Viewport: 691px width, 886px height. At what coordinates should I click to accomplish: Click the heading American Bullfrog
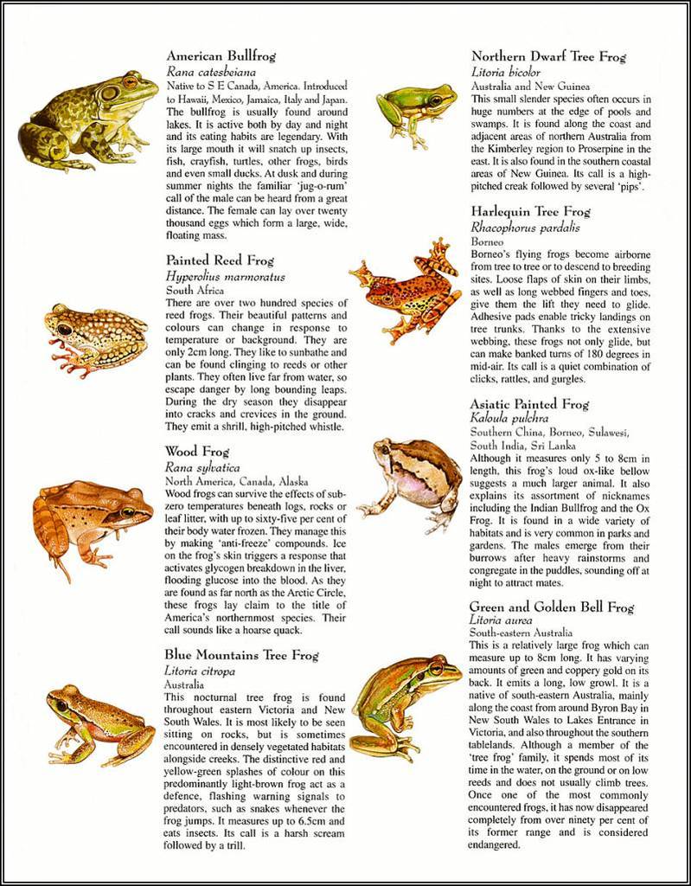click(x=221, y=56)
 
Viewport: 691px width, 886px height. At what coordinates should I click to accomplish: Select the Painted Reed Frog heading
click(x=220, y=260)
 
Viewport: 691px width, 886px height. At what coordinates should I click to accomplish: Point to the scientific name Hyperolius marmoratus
click(x=226, y=276)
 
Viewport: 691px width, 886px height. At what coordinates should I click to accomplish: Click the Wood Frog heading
click(x=196, y=451)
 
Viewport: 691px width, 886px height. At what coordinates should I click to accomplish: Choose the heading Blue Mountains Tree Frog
click(x=242, y=655)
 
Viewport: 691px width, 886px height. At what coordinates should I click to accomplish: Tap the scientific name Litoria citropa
click(x=200, y=671)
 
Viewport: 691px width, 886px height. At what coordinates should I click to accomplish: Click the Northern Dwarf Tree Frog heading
click(x=548, y=57)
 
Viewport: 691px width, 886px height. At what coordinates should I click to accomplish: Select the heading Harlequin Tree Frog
click(x=530, y=211)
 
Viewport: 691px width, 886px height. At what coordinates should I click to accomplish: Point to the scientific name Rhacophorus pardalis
click(x=525, y=228)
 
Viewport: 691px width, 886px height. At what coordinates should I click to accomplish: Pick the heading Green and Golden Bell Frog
click(x=551, y=607)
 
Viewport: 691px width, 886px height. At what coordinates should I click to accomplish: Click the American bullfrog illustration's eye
click(x=130, y=82)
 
